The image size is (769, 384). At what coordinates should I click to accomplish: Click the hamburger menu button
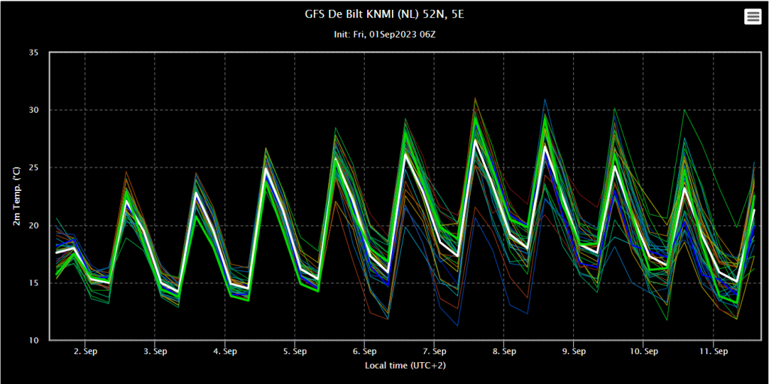tap(752, 17)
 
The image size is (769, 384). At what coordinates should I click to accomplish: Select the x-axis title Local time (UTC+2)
tap(405, 366)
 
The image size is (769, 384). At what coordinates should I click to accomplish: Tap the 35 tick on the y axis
tap(34, 53)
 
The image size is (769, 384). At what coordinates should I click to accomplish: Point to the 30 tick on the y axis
tap(34, 110)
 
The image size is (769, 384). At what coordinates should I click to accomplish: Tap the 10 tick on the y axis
tap(34, 340)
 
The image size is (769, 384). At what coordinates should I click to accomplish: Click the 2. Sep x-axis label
tap(85, 351)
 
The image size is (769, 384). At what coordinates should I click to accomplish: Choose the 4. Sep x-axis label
tap(225, 351)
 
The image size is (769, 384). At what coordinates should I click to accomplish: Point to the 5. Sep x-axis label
tap(294, 351)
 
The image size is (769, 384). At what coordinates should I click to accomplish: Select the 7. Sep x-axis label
tap(435, 351)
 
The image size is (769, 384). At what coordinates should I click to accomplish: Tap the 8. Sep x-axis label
tap(505, 351)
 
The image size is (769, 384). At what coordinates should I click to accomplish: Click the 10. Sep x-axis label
tap(644, 351)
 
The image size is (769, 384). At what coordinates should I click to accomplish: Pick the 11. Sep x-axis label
tap(714, 351)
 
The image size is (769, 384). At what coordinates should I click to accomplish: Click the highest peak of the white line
tap(475, 141)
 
